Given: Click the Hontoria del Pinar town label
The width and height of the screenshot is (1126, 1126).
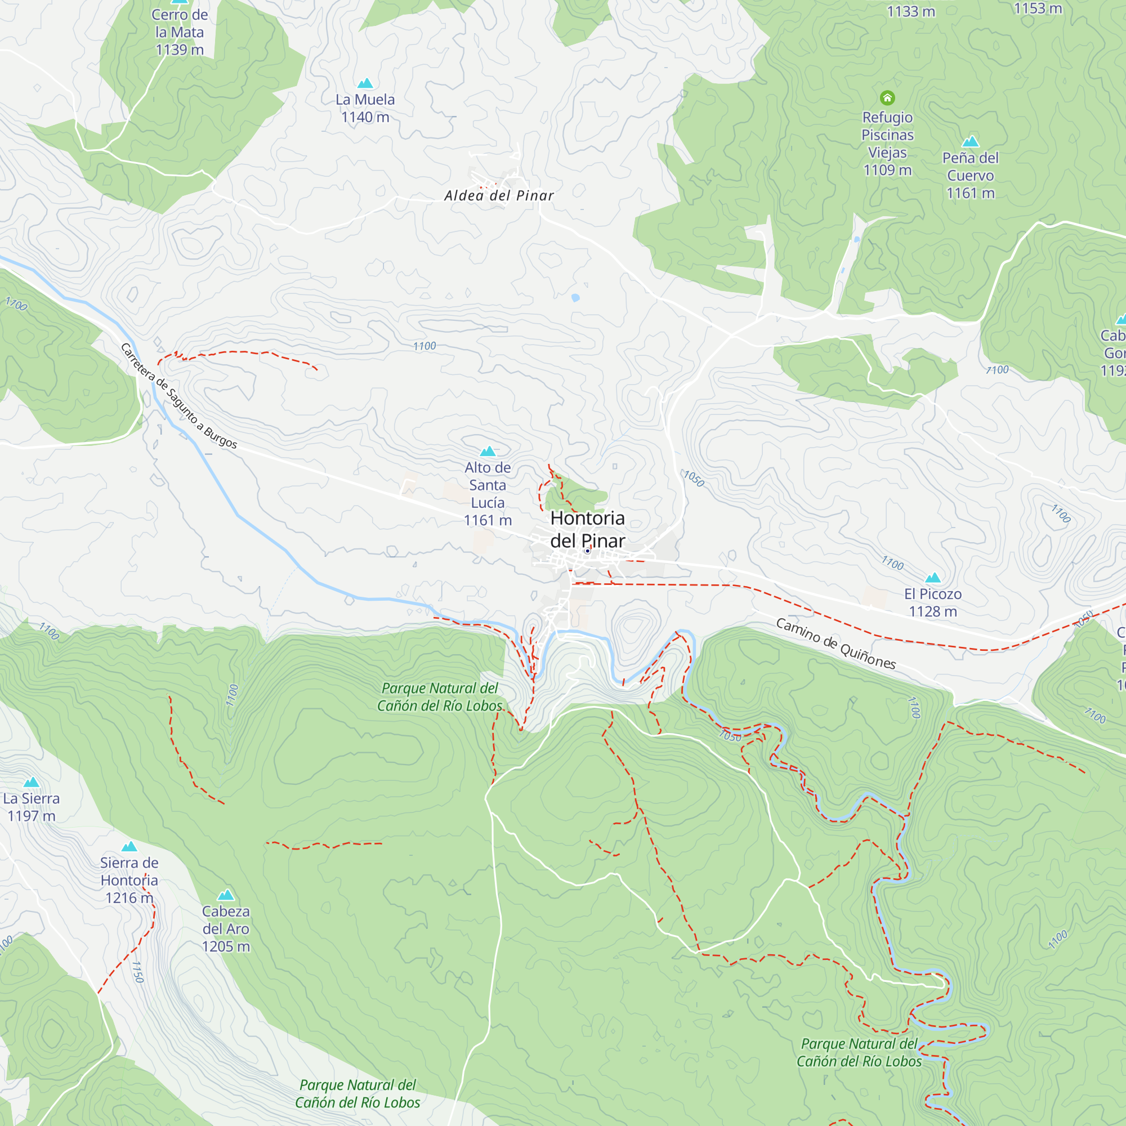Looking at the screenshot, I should tap(587, 529).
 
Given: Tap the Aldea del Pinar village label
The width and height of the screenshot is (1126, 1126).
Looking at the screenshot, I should tap(499, 196).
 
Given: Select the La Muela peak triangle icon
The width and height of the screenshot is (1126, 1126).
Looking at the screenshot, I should tap(365, 83).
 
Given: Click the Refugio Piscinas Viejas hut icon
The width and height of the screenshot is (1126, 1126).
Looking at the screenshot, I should tap(887, 97).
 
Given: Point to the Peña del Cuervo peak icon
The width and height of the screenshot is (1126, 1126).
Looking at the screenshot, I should tap(970, 142).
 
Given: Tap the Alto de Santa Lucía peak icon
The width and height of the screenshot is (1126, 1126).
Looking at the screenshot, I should tap(487, 451).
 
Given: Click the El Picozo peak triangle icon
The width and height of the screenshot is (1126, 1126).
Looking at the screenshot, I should tap(932, 578).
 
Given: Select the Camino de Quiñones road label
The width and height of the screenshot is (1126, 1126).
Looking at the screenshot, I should tap(835, 644).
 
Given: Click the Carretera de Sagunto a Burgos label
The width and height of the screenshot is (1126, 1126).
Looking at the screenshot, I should tap(179, 396).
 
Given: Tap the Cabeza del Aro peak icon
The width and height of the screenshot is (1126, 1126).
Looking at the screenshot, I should tap(226, 895).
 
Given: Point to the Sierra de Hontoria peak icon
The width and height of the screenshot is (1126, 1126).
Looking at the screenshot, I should tap(129, 846).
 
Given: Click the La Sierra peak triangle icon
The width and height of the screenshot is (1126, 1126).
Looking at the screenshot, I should tap(32, 782).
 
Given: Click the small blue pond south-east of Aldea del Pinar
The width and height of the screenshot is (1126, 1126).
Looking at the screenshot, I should tap(575, 298).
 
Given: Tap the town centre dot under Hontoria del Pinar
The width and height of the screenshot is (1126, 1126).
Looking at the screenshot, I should tap(587, 551).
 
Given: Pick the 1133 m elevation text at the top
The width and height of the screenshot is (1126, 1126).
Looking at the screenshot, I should tap(910, 12).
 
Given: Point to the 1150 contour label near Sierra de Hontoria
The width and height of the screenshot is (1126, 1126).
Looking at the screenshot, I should tap(137, 972).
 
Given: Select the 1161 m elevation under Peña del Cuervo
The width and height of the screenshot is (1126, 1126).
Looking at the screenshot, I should tap(971, 194).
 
